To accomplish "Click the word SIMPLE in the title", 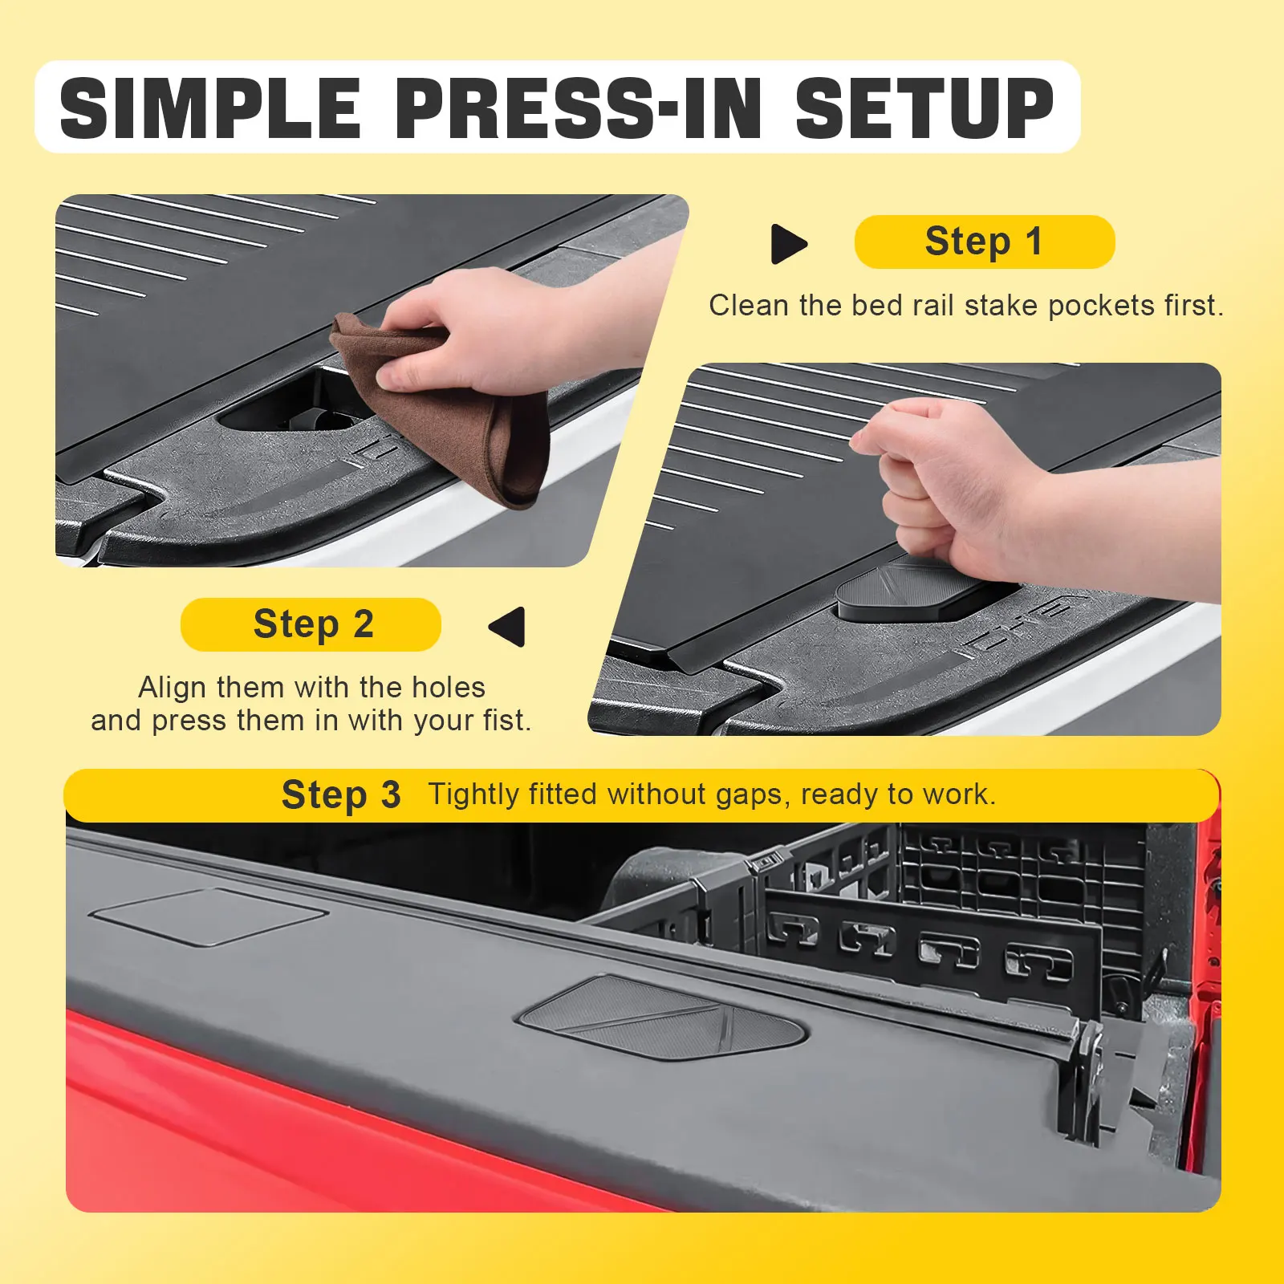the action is pos(210,108).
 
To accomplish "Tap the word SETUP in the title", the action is pos(924,108).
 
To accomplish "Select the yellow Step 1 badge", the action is pos(985,242).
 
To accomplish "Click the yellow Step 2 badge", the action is pos(311,624).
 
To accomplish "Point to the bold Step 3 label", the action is pos(341,795).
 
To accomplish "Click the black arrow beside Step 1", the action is pos(788,244).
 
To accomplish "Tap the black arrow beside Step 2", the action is pos(507,626).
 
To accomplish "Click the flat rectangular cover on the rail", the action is pos(209,916).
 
